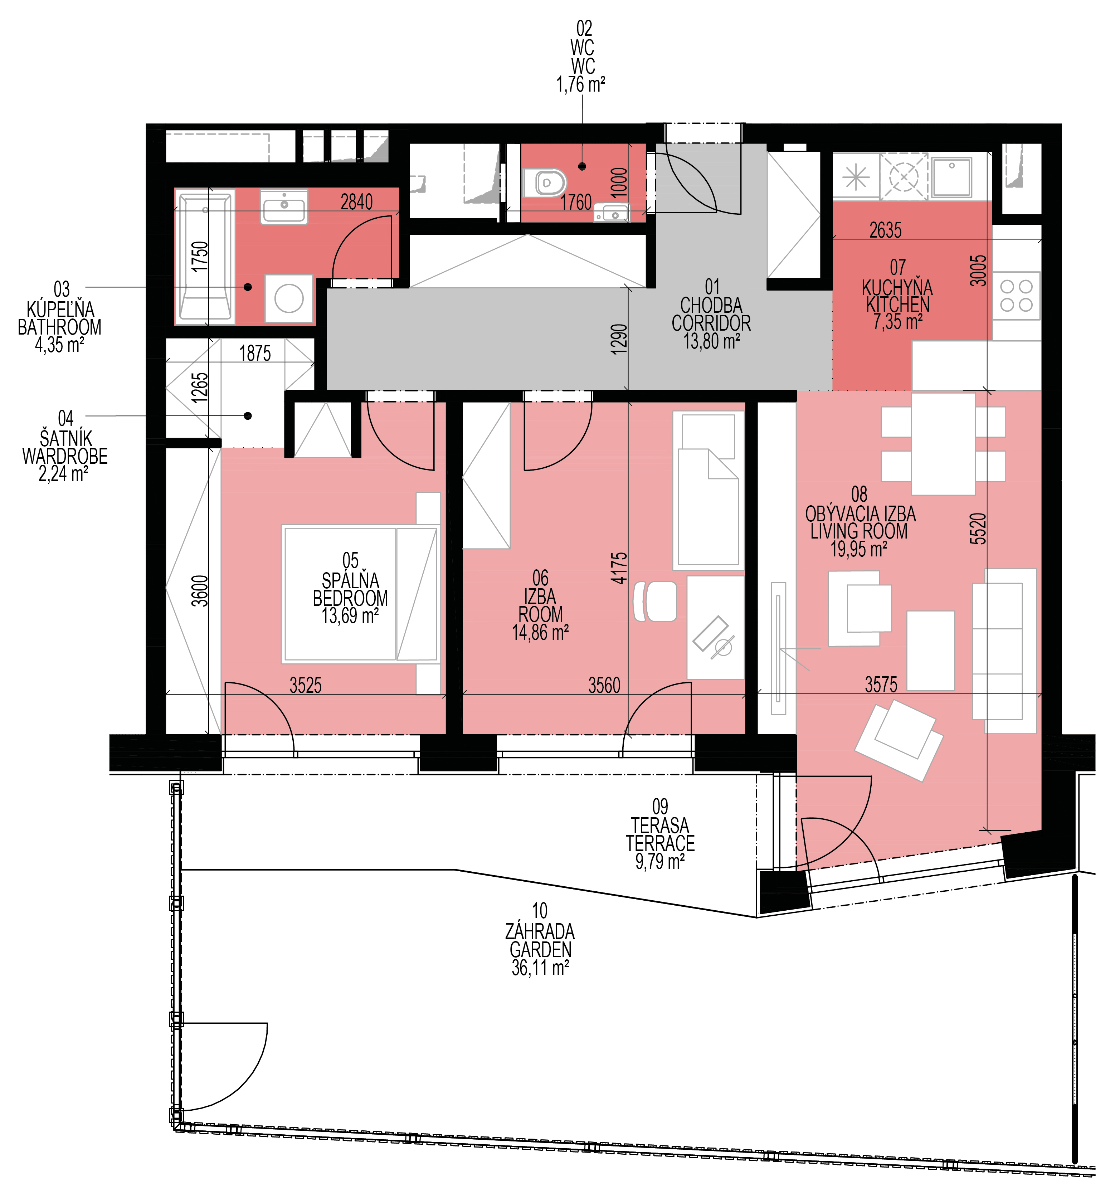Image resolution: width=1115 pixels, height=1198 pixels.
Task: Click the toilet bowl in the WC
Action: [x=545, y=182]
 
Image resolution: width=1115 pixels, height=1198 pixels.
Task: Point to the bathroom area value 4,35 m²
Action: [x=59, y=346]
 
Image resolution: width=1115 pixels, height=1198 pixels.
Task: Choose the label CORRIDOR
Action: [x=711, y=323]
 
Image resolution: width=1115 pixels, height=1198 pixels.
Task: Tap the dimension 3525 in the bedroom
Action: [x=306, y=685]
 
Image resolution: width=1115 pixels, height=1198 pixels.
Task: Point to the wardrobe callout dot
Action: [x=248, y=416]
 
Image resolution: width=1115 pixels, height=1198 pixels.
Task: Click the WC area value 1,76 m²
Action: [x=580, y=84]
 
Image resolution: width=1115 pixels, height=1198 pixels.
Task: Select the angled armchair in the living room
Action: [x=899, y=741]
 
